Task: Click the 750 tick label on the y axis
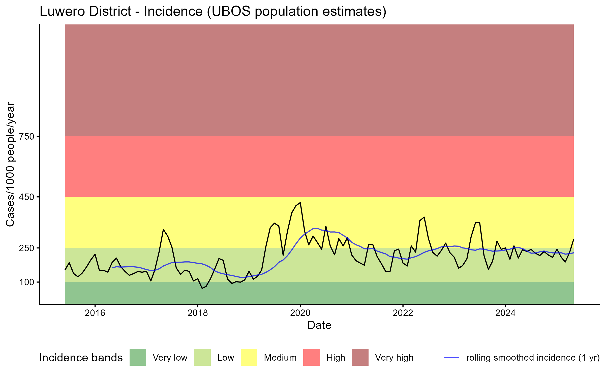point(27,137)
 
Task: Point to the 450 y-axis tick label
point(27,197)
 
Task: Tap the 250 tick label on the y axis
point(27,248)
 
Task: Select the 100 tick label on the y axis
point(27,282)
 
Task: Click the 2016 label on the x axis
point(95,313)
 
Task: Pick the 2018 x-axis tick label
point(198,313)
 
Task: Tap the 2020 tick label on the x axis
point(300,313)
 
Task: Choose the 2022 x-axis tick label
point(403,313)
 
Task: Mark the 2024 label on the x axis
point(505,313)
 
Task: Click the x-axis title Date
point(319,325)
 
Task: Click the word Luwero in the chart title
point(63,11)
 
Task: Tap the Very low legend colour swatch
point(138,357)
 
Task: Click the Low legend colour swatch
point(202,357)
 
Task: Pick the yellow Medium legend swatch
point(249,357)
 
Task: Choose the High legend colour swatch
point(312,357)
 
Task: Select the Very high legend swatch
point(360,357)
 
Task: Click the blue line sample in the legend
point(451,357)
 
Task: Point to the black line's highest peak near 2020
point(300,202)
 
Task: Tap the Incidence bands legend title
point(81,358)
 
